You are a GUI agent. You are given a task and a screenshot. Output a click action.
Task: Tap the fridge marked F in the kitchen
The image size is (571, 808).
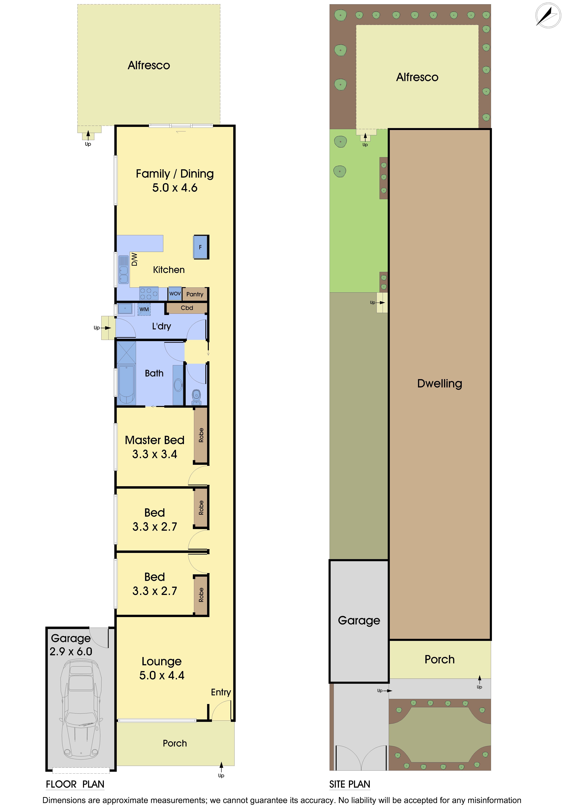[201, 247]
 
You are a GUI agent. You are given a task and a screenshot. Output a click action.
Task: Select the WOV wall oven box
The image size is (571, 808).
[175, 293]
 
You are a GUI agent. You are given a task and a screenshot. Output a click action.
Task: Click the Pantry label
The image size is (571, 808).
[195, 294]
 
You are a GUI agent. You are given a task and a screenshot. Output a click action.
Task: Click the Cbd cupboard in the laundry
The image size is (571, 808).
[187, 308]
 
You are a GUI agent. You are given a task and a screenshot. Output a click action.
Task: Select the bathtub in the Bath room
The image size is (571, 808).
[126, 384]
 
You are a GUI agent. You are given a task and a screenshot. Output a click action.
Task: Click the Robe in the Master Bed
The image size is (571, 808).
[201, 435]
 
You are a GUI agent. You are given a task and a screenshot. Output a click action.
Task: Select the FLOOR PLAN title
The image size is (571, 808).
[75, 784]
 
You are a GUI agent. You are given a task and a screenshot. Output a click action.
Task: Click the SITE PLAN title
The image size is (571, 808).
[349, 784]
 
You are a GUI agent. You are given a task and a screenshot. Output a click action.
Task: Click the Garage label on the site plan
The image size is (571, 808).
[359, 620]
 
